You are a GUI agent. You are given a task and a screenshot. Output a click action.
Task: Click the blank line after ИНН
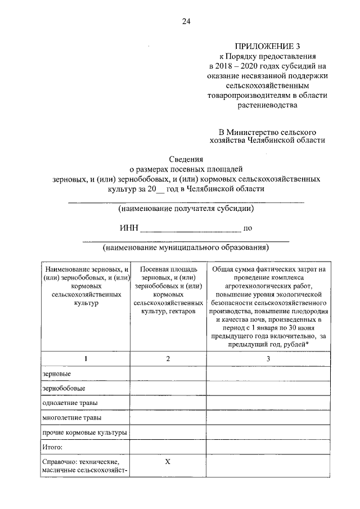click(x=190, y=229)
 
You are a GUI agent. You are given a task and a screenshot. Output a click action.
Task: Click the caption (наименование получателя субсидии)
click(x=186, y=209)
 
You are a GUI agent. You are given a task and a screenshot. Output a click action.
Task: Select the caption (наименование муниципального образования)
click(x=186, y=247)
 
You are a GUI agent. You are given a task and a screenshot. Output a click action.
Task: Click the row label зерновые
click(x=57, y=373)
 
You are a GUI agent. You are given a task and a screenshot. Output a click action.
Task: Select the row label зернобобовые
click(x=64, y=388)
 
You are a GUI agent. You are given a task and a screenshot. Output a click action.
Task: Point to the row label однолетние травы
click(x=70, y=403)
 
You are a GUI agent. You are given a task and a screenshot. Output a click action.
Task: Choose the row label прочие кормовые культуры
click(x=84, y=433)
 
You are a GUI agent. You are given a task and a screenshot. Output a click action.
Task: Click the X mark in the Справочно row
click(x=168, y=462)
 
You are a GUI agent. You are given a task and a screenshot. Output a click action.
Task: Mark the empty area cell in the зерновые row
click(x=168, y=373)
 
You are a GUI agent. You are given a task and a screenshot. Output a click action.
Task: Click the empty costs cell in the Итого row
click(x=268, y=447)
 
